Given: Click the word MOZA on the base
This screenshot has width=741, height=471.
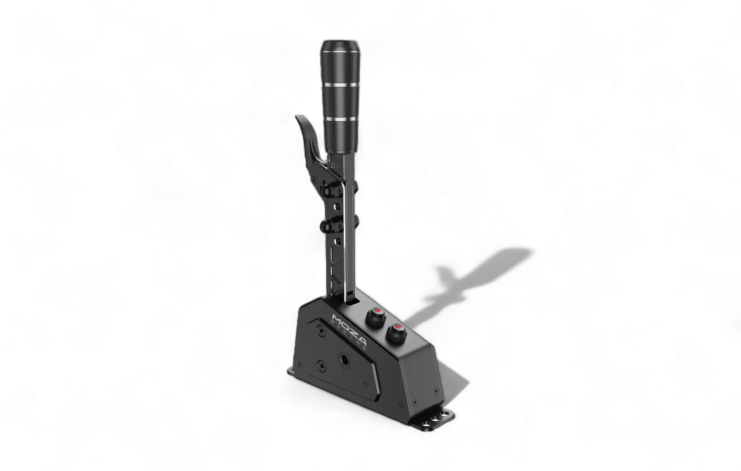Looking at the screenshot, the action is coord(350,329).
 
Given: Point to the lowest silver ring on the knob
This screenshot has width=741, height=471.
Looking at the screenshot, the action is coord(341,118).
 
